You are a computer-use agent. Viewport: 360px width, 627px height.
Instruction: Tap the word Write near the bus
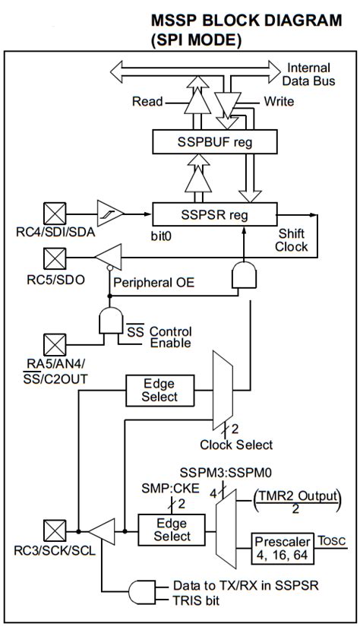point(279,100)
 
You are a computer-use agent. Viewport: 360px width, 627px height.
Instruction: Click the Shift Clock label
point(292,241)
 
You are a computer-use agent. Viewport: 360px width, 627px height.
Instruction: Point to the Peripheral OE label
point(153,283)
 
